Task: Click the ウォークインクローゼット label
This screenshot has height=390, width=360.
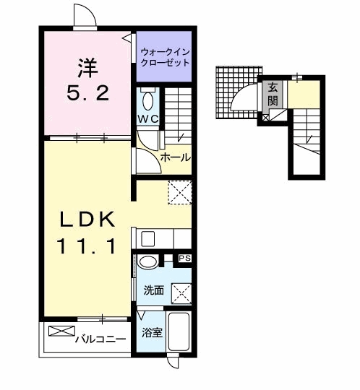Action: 165,57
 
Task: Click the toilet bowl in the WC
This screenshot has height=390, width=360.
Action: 148,99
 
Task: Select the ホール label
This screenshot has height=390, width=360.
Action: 175,157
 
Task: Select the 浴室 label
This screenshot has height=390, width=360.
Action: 151,334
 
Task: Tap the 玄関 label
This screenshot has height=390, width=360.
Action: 273,94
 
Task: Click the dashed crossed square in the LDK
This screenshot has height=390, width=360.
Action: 179,193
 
